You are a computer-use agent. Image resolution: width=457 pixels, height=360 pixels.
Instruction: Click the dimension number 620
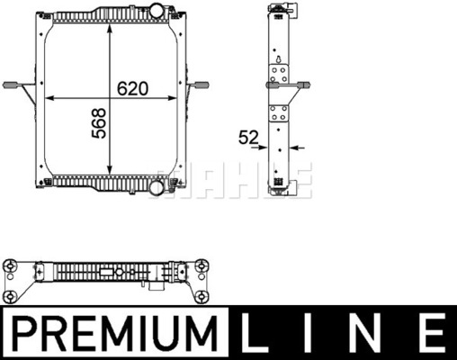pyautogui.click(x=132, y=88)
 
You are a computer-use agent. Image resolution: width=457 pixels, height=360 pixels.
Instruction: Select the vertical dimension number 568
pyautogui.click(x=99, y=123)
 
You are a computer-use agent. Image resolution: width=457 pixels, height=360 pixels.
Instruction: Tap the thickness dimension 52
pyautogui.click(x=248, y=138)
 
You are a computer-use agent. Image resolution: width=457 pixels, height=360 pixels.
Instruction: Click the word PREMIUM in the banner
pyautogui.click(x=115, y=333)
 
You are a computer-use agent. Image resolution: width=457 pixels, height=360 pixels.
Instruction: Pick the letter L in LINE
pyautogui.click(x=255, y=333)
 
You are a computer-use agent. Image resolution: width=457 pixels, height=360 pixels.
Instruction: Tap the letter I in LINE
pyautogui.click(x=308, y=333)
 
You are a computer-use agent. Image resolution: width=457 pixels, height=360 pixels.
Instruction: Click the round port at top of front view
pyautogui.click(x=157, y=11)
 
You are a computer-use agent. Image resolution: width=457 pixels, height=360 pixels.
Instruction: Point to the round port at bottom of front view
pyautogui.click(x=157, y=187)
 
